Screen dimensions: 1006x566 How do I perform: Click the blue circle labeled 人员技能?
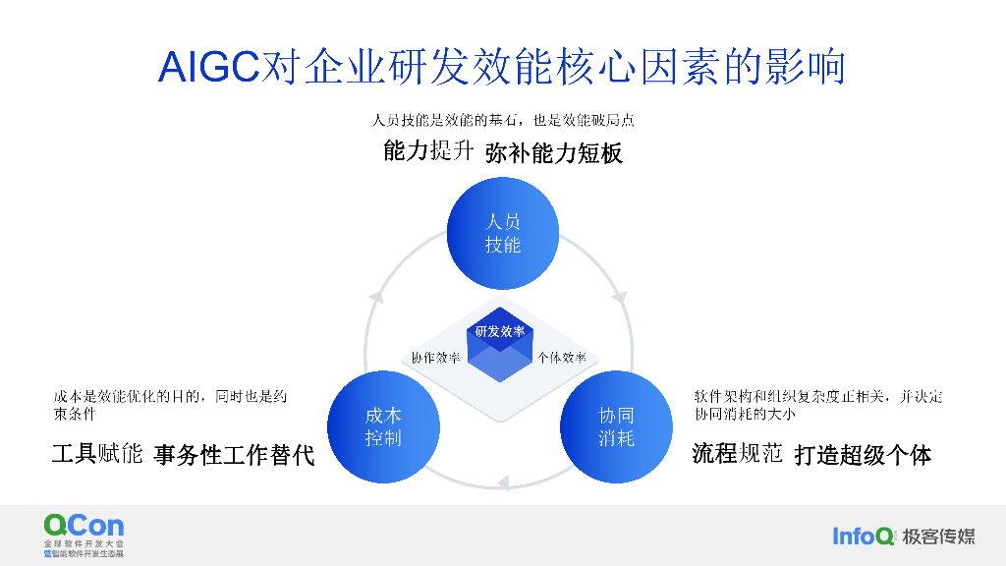click(502, 233)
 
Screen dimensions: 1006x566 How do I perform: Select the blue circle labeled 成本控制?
click(383, 426)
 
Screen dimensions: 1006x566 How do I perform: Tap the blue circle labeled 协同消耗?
click(616, 426)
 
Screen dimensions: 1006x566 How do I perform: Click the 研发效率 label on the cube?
click(500, 331)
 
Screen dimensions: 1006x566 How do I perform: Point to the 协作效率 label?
click(435, 358)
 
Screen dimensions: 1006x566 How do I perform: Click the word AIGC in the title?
click(208, 68)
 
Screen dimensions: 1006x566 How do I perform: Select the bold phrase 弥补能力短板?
click(554, 153)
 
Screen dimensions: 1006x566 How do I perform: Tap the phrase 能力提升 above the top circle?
click(429, 152)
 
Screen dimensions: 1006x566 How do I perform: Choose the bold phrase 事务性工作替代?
click(234, 455)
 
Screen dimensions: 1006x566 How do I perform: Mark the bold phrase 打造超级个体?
click(863, 455)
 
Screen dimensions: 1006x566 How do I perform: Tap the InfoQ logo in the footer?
click(864, 536)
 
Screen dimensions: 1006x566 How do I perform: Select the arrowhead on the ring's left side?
click(373, 296)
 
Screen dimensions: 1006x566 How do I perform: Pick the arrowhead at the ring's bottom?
click(502, 482)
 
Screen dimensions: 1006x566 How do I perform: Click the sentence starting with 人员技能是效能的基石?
click(502, 121)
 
